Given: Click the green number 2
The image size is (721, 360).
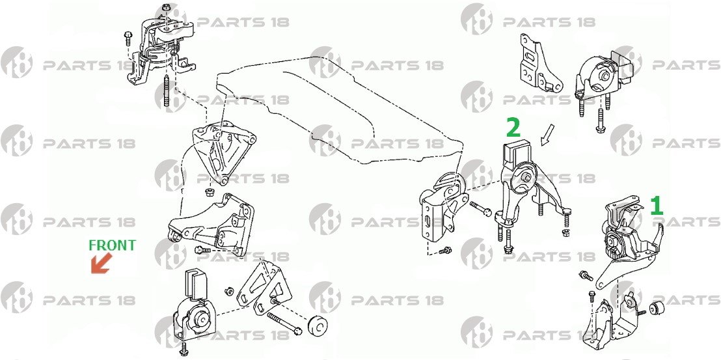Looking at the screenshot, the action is pos(513,128).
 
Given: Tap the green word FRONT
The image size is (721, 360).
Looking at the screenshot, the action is pos(112,245).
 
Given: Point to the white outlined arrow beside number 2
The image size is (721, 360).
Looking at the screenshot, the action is pos(548,135).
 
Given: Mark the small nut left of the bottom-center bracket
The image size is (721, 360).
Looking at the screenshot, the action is pos(228,291).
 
